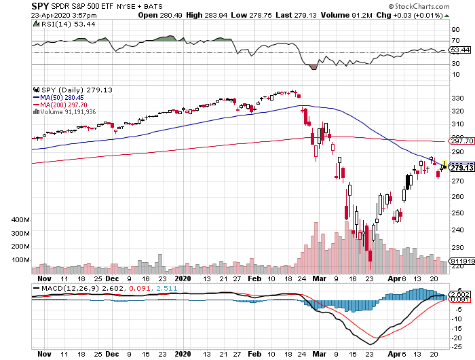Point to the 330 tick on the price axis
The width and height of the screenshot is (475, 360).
pyautogui.click(x=457, y=98)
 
